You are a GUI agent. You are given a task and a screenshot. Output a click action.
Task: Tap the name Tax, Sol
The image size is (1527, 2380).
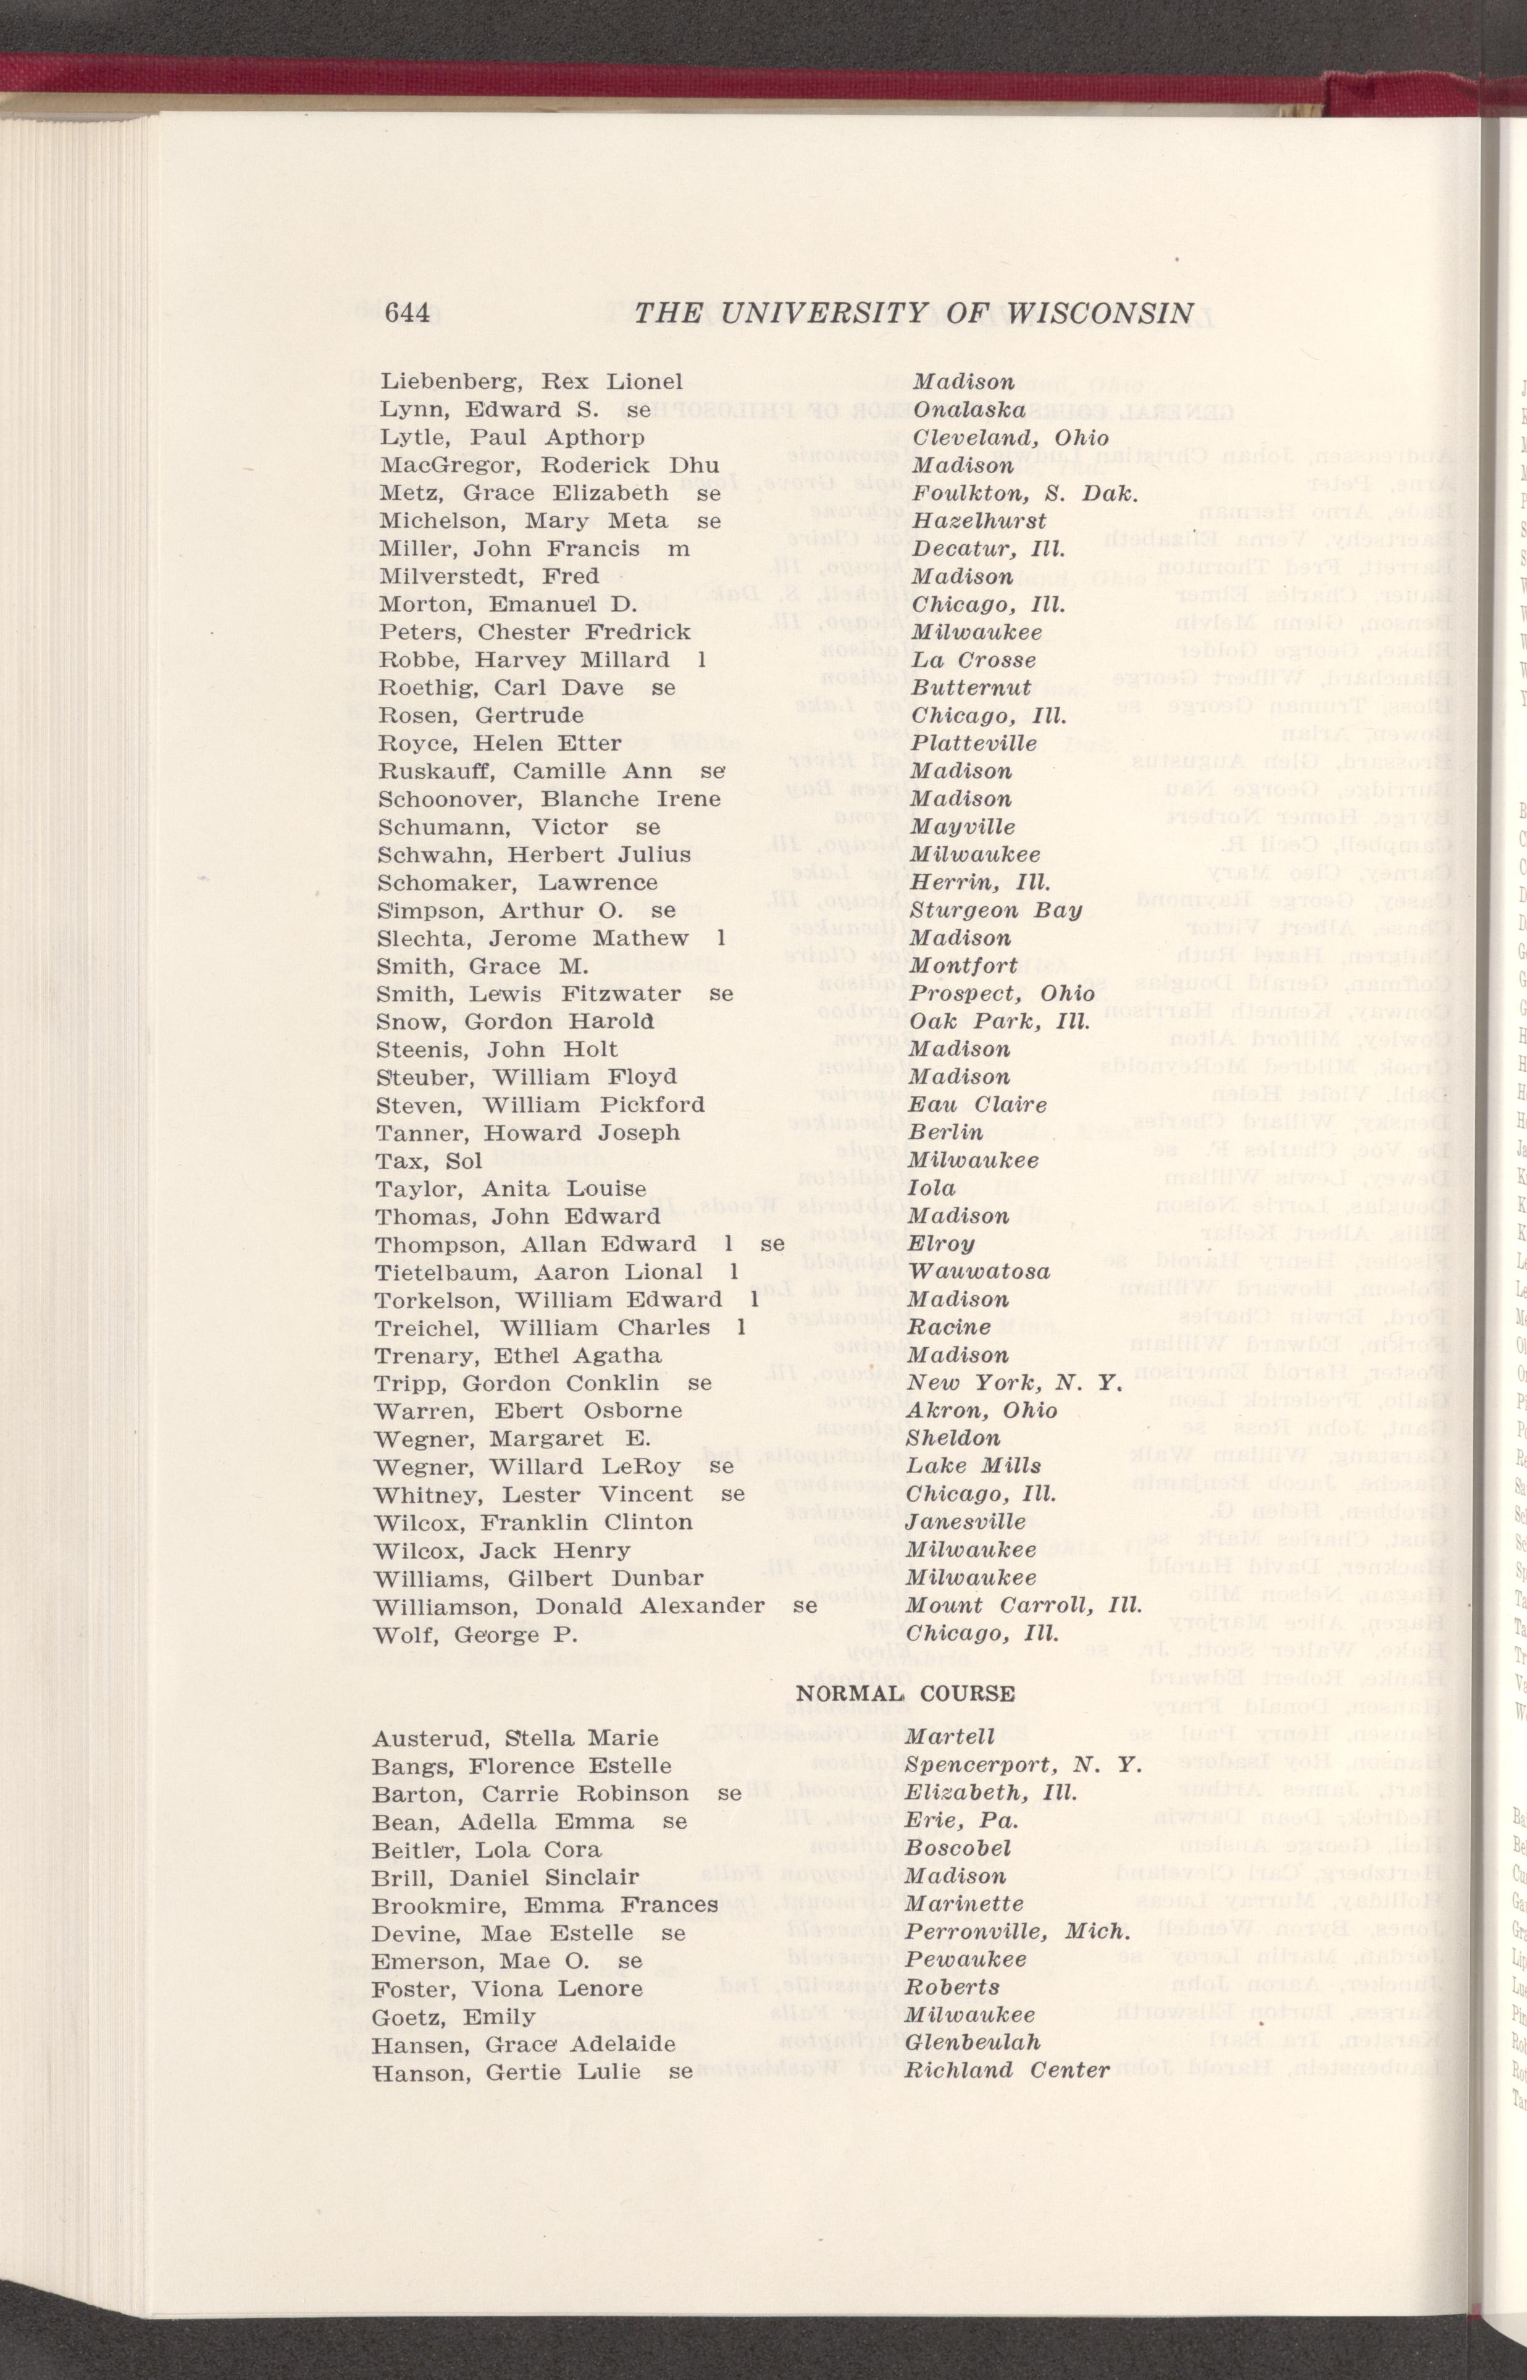tap(429, 1160)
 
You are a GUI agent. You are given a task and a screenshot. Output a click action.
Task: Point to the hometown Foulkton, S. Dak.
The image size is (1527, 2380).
tap(1023, 493)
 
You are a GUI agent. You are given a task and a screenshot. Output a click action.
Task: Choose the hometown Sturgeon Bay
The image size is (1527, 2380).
tap(995, 910)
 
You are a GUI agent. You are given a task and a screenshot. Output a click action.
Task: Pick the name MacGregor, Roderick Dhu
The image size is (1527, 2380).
tap(550, 465)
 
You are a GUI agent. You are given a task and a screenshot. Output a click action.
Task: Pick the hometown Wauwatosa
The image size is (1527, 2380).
tap(979, 1271)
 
